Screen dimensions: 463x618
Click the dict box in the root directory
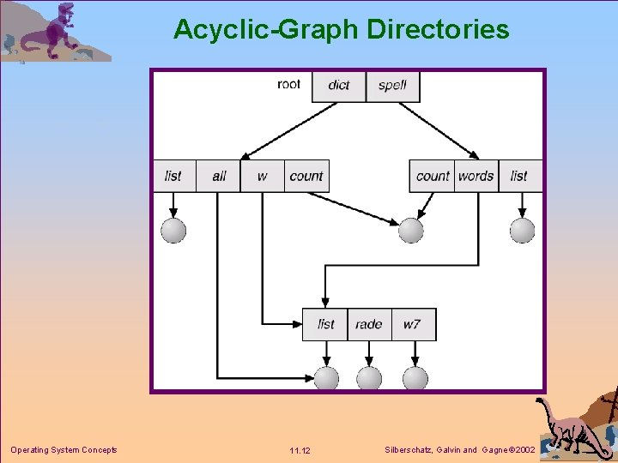point(339,86)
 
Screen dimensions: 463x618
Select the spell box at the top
point(393,86)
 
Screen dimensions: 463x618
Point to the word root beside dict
point(289,84)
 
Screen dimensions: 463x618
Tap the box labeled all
point(219,176)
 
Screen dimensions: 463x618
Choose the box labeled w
point(262,176)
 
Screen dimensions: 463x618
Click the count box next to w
point(306,176)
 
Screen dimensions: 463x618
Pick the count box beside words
point(433,176)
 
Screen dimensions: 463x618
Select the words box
point(476,176)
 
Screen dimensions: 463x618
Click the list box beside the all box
point(173,176)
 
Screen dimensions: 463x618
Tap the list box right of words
point(519,176)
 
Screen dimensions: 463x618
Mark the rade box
point(369,324)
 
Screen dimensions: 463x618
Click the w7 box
point(413,324)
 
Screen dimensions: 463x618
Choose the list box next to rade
point(325,324)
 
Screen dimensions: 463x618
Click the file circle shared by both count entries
point(411,230)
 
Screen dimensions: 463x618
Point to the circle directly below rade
point(369,378)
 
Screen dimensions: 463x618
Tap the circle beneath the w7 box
point(415,378)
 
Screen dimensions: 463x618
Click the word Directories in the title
point(438,29)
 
